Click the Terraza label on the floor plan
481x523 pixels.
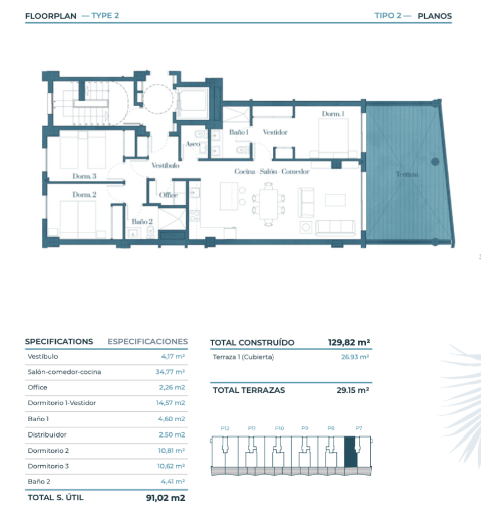(x=407, y=174)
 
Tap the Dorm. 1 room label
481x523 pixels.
(x=333, y=114)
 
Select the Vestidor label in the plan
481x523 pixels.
(x=275, y=132)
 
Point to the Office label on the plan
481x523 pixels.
(x=168, y=195)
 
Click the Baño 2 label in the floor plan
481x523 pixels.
(x=142, y=221)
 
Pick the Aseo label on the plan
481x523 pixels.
(x=193, y=144)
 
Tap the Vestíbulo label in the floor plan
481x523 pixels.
(x=165, y=165)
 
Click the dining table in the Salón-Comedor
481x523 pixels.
(x=269, y=204)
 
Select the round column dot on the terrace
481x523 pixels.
(x=435, y=162)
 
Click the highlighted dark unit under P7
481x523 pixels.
(x=351, y=452)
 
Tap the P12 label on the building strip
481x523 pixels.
(x=225, y=428)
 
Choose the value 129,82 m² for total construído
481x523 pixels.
(x=349, y=342)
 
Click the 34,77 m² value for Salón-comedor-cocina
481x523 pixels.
(x=170, y=372)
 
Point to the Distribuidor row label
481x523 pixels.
(x=47, y=435)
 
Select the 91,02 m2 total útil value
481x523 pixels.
(x=165, y=497)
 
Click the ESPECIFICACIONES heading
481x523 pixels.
(x=148, y=342)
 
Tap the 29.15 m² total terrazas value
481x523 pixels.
(x=353, y=390)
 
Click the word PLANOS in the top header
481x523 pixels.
(x=435, y=16)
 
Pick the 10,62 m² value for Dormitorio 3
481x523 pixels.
(x=171, y=466)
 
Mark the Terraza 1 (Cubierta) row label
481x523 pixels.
(x=243, y=357)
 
